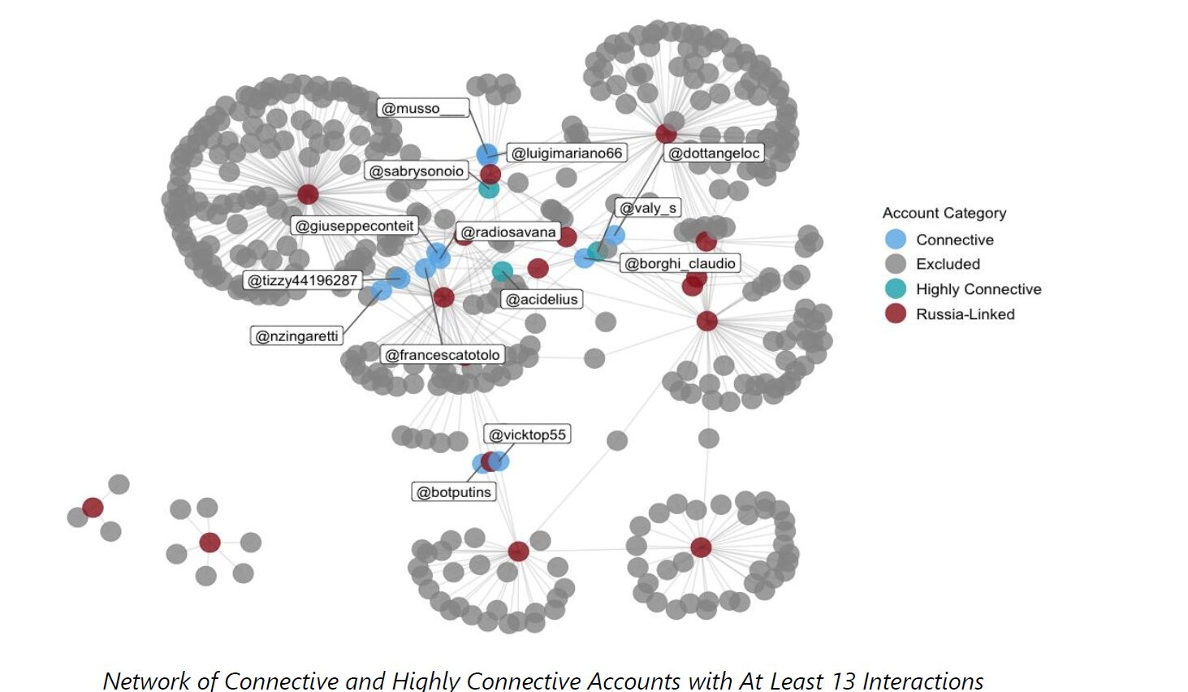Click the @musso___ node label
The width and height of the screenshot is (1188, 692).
click(x=423, y=109)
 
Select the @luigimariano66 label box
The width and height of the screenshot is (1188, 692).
click(x=567, y=153)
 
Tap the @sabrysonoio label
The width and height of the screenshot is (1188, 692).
click(x=417, y=171)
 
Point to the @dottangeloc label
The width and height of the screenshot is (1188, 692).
click(x=715, y=153)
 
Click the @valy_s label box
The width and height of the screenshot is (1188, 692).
click(x=648, y=208)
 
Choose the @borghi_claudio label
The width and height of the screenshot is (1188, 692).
click(x=680, y=263)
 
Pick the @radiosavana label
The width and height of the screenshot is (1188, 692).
click(x=508, y=232)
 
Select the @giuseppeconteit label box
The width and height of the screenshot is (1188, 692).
click(x=355, y=226)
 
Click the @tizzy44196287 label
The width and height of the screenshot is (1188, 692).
click(x=303, y=280)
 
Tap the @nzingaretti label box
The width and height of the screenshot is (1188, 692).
click(x=297, y=336)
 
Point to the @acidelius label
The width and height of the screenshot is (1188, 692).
click(x=542, y=300)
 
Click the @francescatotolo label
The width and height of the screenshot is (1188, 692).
click(x=443, y=355)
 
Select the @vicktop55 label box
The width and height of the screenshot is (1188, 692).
click(x=528, y=435)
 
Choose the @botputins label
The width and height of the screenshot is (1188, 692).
click(x=454, y=492)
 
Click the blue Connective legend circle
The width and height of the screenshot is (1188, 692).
click(x=895, y=239)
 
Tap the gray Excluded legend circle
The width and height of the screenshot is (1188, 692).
click(x=895, y=264)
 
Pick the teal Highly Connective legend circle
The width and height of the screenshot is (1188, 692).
click(x=895, y=288)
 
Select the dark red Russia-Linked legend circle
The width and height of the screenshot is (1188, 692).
click(x=895, y=314)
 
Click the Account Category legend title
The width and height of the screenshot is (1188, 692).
click(x=944, y=213)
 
